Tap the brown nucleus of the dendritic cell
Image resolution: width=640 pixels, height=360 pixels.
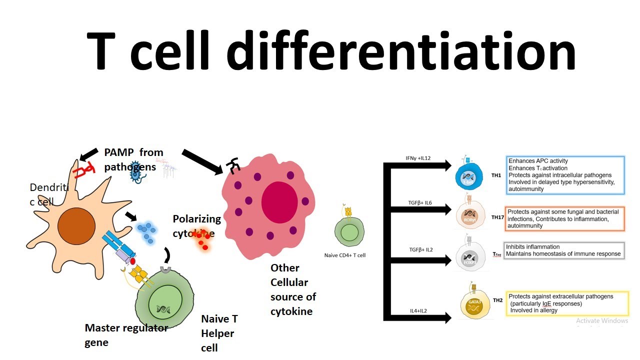click(x=76, y=226)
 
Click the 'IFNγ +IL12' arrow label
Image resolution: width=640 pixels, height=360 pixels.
click(x=418, y=158)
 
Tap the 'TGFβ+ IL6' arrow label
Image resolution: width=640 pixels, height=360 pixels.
click(x=419, y=202)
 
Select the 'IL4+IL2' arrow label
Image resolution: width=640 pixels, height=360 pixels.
click(x=418, y=311)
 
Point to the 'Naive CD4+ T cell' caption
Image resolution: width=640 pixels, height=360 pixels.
click(x=345, y=255)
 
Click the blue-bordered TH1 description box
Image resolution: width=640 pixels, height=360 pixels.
click(x=565, y=175)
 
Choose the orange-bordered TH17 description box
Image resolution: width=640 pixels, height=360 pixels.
click(x=565, y=218)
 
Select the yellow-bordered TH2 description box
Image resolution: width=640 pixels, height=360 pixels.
click(x=567, y=303)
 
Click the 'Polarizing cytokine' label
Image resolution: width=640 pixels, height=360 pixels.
click(x=196, y=226)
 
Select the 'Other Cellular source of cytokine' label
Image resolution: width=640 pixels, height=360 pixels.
click(x=293, y=289)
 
